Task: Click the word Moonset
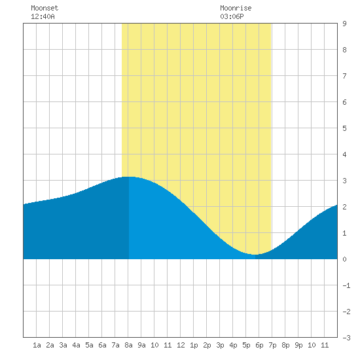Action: (x=45, y=8)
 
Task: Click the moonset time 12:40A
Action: (x=43, y=16)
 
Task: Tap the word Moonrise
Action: (x=236, y=8)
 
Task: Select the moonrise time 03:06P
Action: (x=232, y=16)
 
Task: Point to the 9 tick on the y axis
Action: (x=344, y=24)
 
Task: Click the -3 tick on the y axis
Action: (x=346, y=338)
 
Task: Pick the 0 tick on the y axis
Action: (x=344, y=259)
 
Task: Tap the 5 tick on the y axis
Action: (x=344, y=128)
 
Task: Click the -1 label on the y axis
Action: (x=346, y=285)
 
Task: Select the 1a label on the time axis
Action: (x=37, y=345)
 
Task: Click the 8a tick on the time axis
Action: (x=128, y=345)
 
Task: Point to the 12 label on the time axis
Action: (x=181, y=345)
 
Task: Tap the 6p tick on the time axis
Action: (x=259, y=345)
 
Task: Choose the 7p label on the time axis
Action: (x=272, y=345)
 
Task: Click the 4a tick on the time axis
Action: (x=76, y=345)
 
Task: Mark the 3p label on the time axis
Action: (x=220, y=345)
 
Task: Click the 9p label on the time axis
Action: (x=298, y=345)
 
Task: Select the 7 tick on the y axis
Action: (x=344, y=76)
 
